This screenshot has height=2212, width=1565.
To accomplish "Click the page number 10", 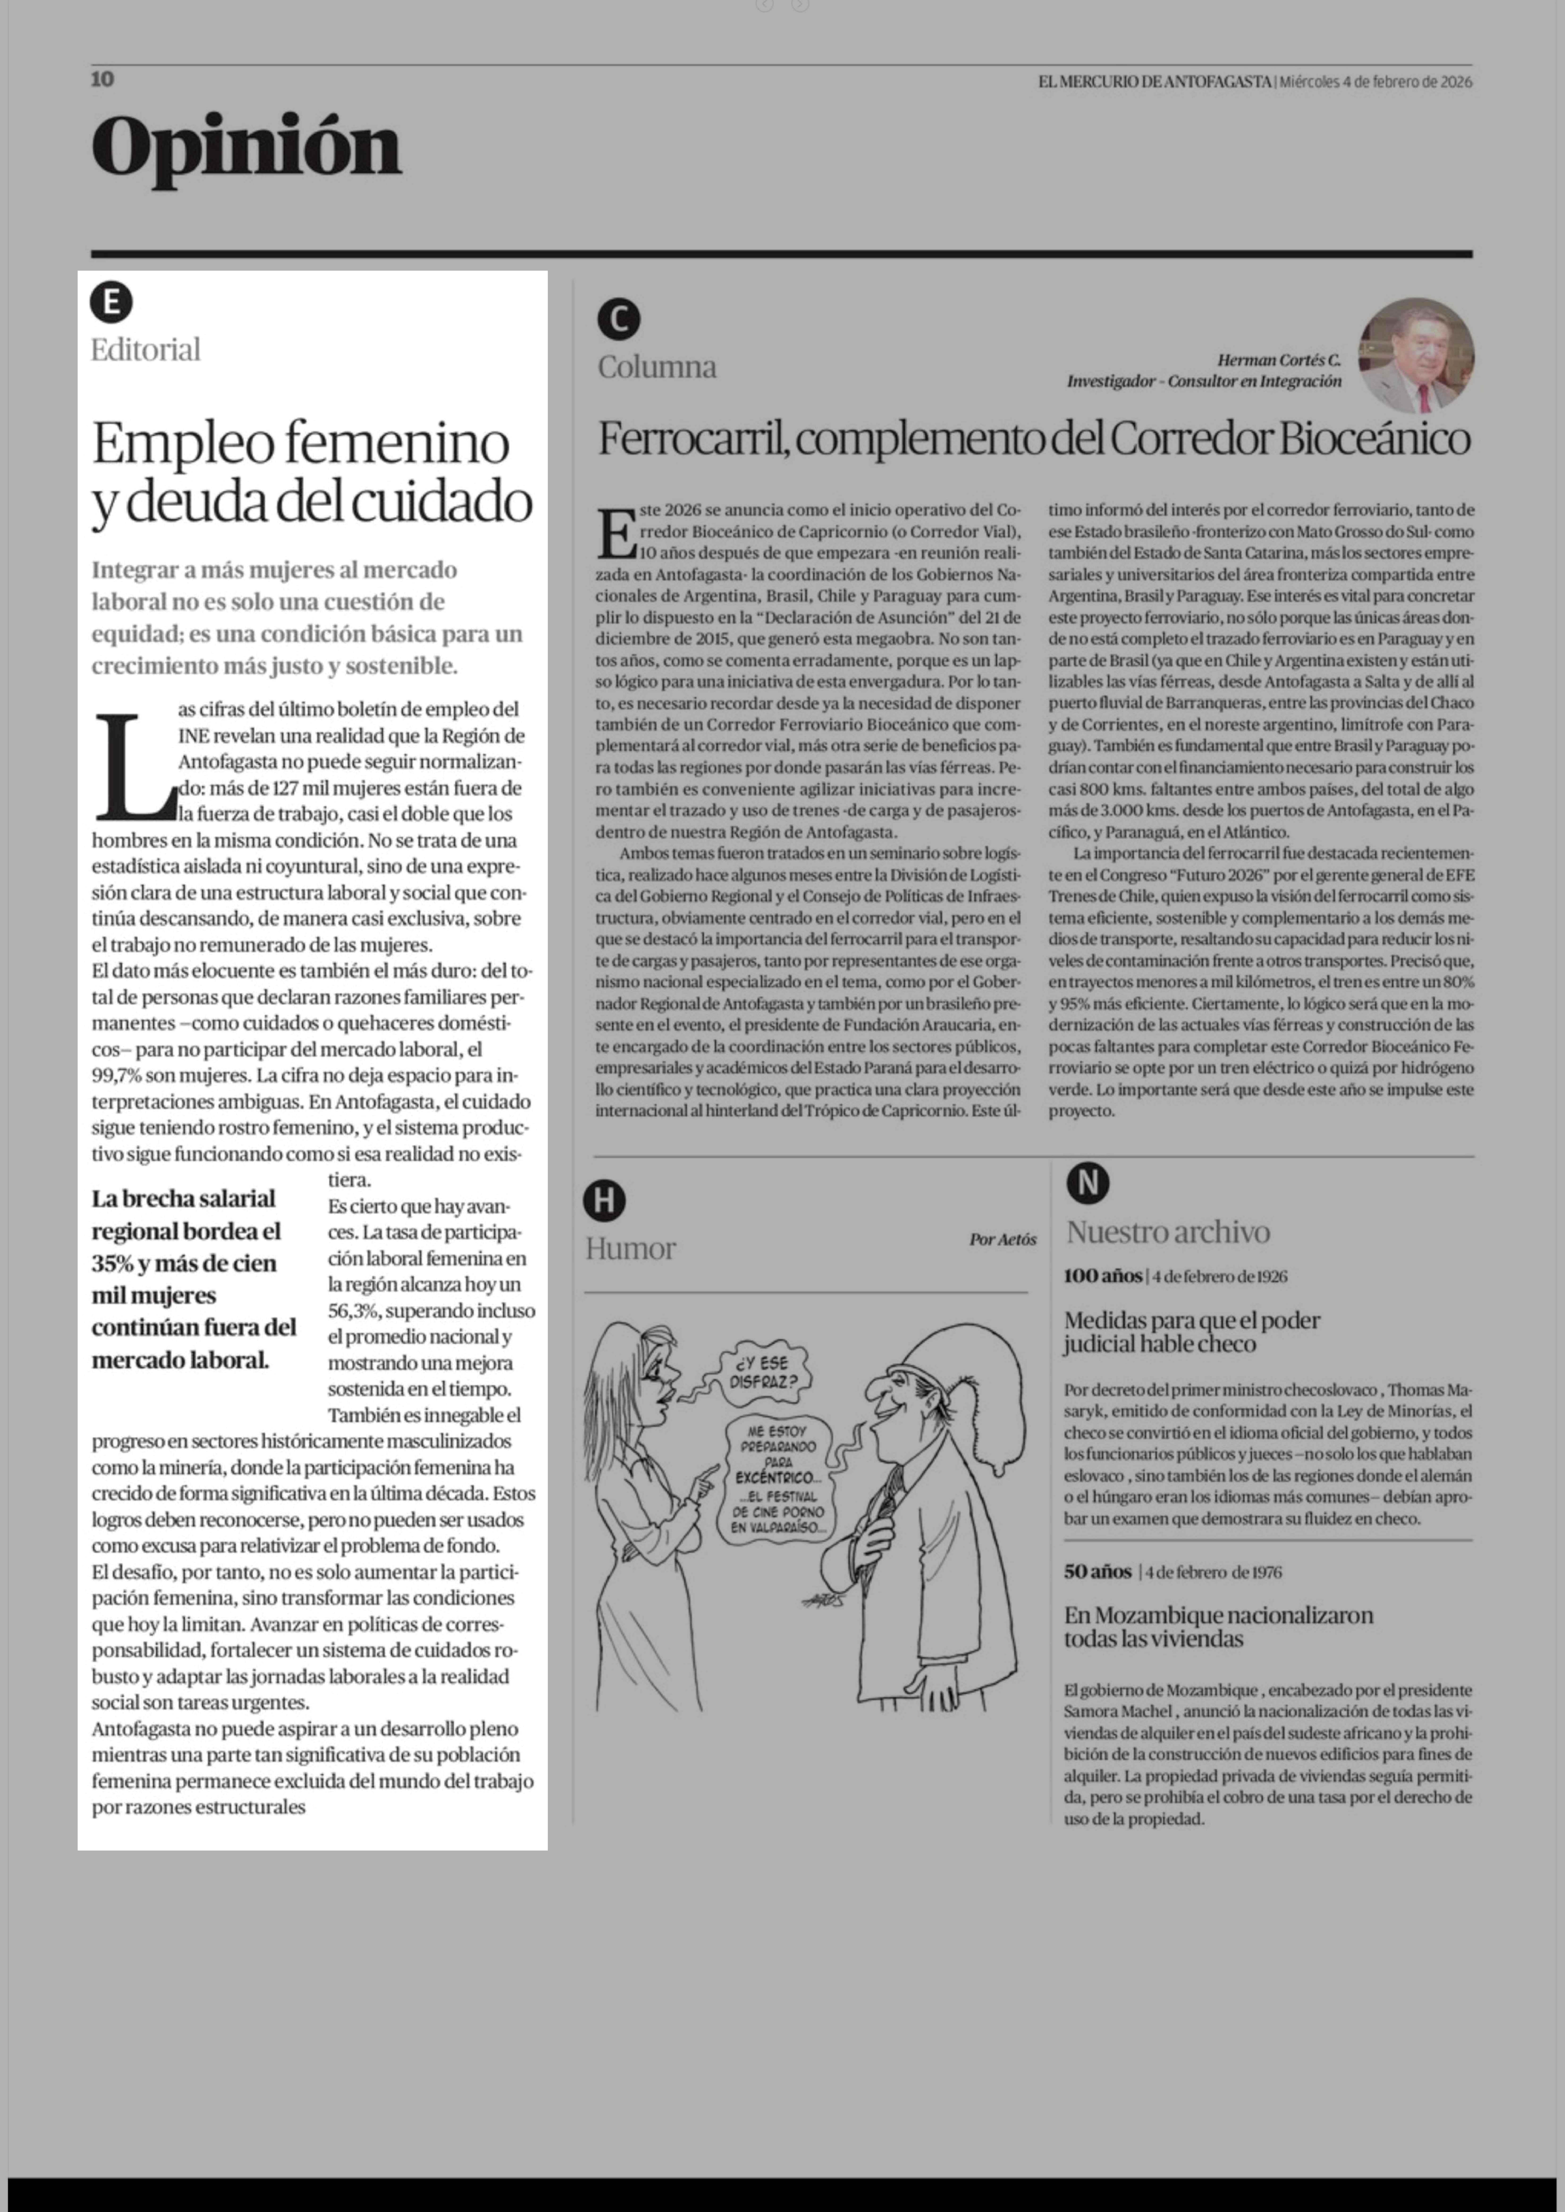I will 102,79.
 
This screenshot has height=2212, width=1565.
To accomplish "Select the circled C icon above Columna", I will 619,319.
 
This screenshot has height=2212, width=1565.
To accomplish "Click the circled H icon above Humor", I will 604,1200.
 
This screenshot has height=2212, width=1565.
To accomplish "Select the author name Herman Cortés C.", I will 1279,360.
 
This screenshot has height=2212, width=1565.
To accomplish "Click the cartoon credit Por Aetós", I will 1002,1240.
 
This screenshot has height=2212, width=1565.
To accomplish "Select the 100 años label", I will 1102,1276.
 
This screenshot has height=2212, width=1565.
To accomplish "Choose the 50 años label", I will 1098,1571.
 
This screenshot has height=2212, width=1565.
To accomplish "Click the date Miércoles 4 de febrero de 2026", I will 1376,82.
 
